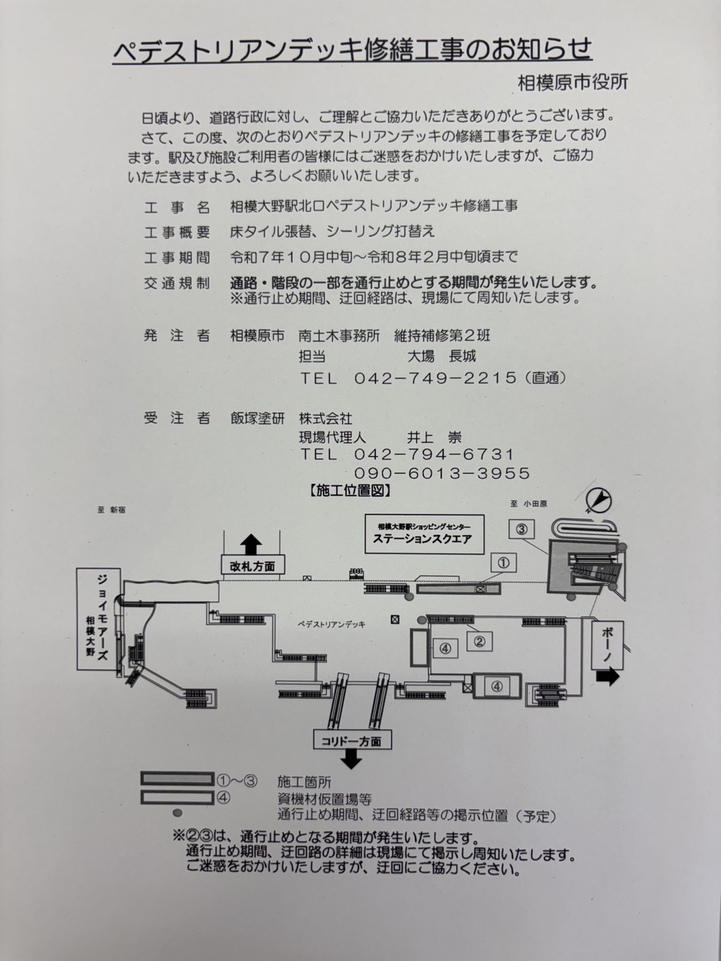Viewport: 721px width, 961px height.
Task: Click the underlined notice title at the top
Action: (353, 50)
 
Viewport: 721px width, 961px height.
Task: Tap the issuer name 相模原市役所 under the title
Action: (573, 83)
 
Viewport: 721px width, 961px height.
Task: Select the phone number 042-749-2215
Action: (435, 378)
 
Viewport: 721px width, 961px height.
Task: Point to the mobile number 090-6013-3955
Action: (442, 473)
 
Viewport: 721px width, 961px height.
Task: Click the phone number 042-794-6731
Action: (434, 454)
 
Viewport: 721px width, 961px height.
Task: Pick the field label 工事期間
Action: (177, 258)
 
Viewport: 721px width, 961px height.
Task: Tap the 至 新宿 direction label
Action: (112, 509)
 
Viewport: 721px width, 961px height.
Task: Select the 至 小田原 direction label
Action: (528, 504)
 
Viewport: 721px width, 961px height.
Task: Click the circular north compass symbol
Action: (599, 500)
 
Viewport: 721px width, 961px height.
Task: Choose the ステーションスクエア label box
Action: (424, 534)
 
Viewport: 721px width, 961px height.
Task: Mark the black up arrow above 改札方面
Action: (251, 544)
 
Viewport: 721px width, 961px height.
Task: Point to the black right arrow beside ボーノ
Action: (607, 677)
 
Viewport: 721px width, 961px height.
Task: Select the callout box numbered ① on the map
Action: (504, 563)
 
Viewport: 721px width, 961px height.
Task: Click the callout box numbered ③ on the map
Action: (521, 529)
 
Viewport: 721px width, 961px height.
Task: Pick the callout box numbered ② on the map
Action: (480, 642)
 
